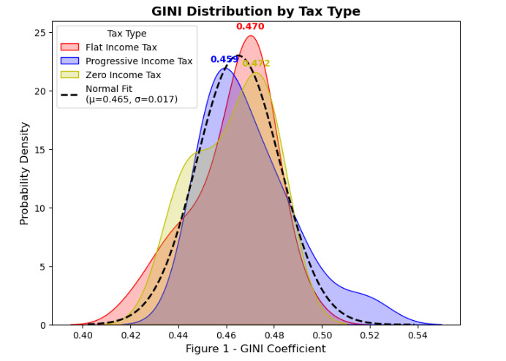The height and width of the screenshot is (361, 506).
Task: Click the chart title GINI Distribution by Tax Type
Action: pos(256,11)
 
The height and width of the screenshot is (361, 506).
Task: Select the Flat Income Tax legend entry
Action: pos(121,47)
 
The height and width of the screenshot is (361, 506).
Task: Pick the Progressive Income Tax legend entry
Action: pos(139,61)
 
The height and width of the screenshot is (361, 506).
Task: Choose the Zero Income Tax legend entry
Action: pos(123,75)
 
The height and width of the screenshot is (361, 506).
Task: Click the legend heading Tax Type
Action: pos(126,34)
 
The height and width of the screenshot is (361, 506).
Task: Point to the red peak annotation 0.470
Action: pos(250,27)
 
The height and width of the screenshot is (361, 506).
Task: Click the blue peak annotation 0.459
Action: pos(224,59)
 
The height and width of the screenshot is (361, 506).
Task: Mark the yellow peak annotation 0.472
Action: pos(257,64)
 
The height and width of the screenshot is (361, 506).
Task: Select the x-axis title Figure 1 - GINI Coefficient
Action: pos(256,349)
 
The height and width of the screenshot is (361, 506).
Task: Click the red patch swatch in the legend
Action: pos(70,47)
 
